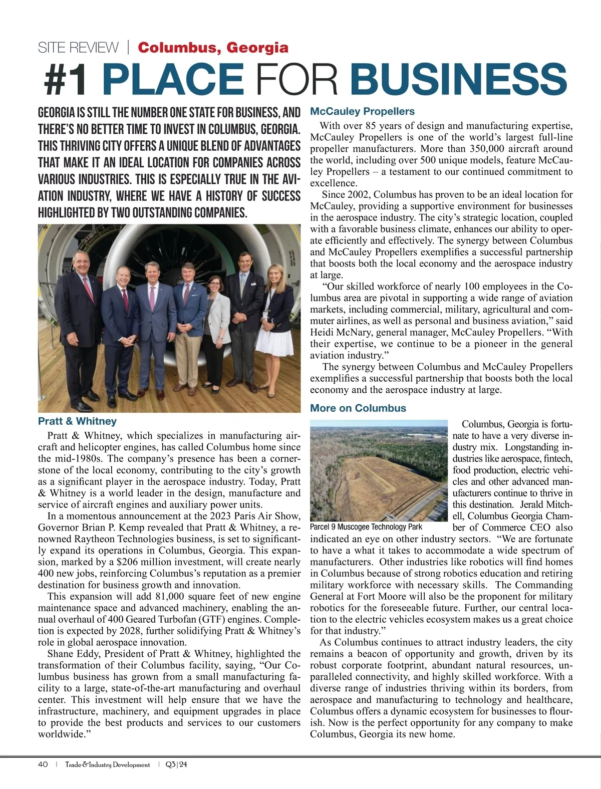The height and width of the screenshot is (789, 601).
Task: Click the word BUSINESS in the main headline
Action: pyautogui.click(x=458, y=79)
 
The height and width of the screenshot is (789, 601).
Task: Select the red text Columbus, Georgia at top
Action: pyautogui.click(x=213, y=48)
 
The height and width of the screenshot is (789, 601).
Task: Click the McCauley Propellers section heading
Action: pyautogui.click(x=363, y=111)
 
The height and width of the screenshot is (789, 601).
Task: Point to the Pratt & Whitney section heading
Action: pyautogui.click(x=77, y=421)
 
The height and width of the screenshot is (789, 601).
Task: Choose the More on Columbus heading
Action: pyautogui.click(x=358, y=408)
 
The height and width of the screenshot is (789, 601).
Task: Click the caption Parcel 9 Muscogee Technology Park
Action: pyautogui.click(x=366, y=527)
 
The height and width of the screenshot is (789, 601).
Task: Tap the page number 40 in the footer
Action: pyautogui.click(x=43, y=764)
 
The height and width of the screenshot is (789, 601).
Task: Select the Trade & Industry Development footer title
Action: pyautogui.click(x=108, y=764)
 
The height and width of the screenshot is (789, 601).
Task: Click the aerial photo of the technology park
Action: pyautogui.click(x=378, y=471)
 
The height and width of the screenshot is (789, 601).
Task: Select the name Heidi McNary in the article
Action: pyautogui.click(x=341, y=333)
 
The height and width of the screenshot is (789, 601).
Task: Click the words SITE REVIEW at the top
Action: pyautogui.click(x=78, y=48)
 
